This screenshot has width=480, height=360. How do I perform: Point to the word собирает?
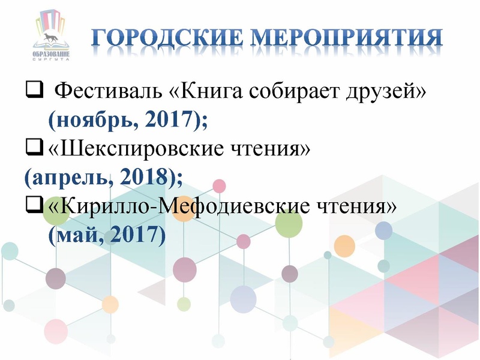click(288, 92)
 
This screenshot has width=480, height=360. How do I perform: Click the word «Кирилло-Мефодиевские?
click(173, 206)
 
